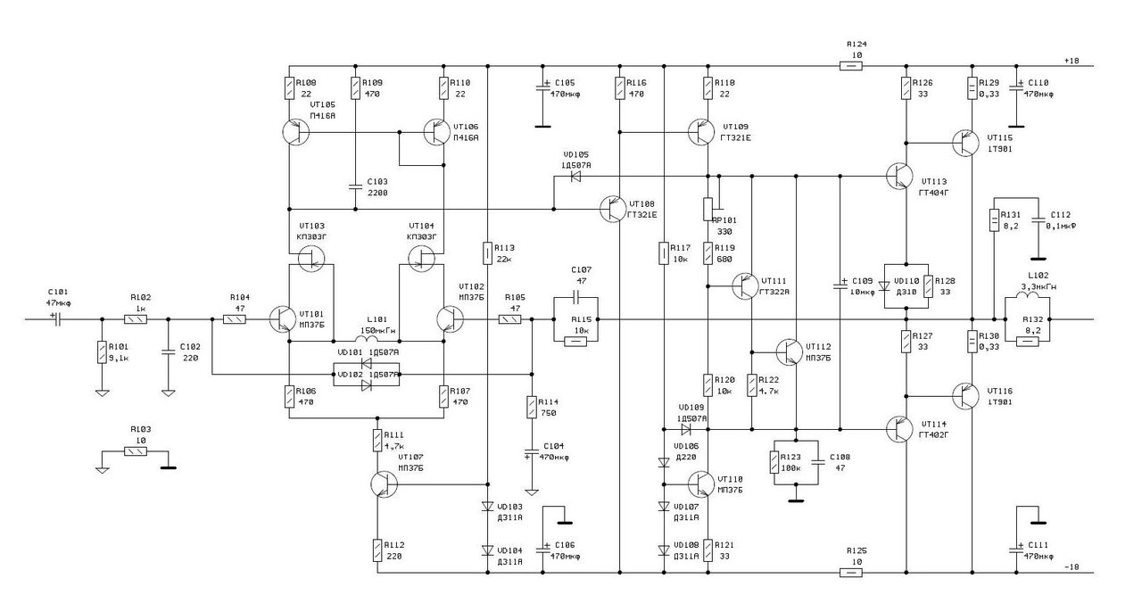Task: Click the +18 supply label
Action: (1072, 60)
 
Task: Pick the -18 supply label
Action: (1072, 567)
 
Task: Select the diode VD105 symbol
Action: (576, 176)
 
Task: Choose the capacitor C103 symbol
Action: (355, 187)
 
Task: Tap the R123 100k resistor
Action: (774, 462)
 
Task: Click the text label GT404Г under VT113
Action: (934, 192)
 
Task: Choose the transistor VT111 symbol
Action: (747, 286)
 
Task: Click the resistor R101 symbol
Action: (102, 351)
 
